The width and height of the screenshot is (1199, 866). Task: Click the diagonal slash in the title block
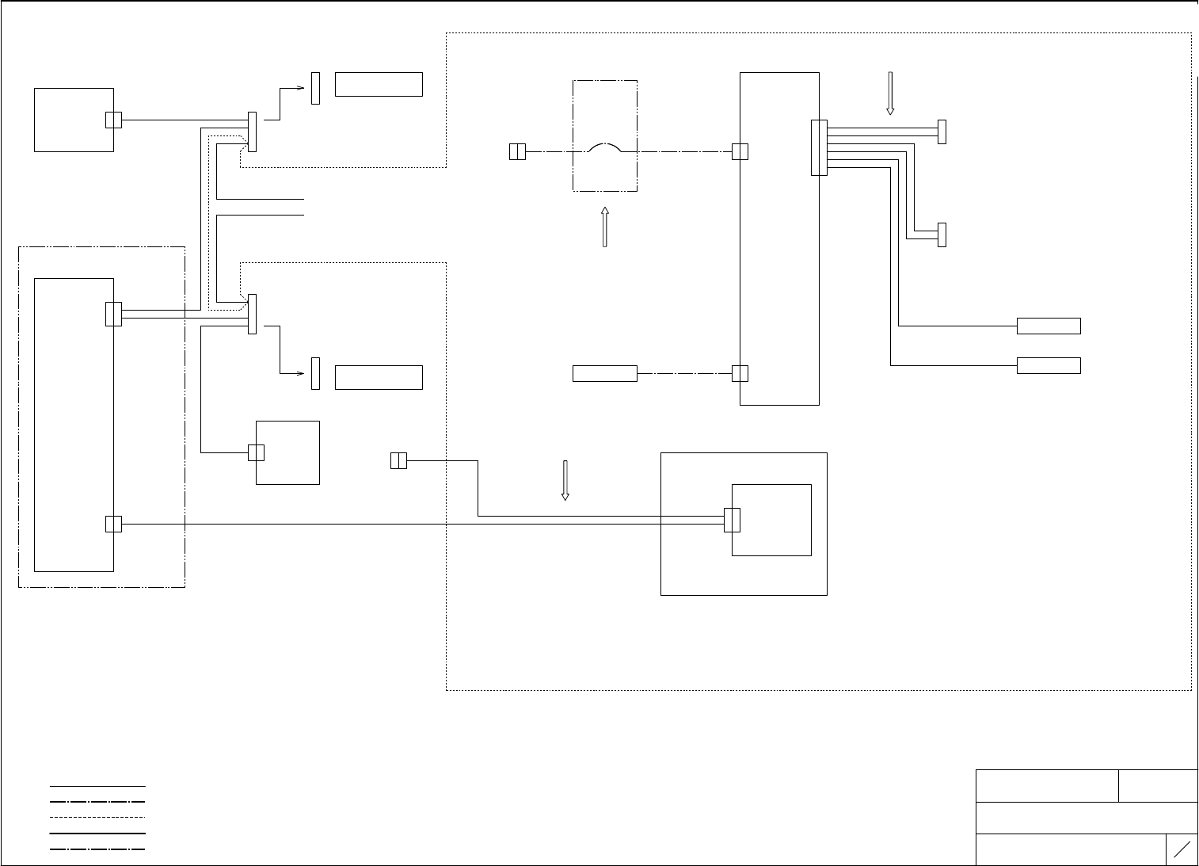point(1182,849)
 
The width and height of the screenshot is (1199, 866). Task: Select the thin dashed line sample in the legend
point(97,817)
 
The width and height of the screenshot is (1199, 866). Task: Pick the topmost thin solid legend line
point(97,786)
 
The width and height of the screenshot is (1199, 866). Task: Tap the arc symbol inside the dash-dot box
point(604,147)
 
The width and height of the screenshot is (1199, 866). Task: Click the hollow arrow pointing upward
point(604,227)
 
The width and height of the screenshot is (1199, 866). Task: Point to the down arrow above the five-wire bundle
point(889,93)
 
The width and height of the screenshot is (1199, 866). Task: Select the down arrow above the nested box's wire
point(565,480)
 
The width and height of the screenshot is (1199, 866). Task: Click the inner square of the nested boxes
point(771,520)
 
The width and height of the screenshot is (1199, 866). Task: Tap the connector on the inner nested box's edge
point(732,520)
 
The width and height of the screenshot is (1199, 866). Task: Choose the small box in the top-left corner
point(74,120)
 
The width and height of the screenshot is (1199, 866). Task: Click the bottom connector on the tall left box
point(113,524)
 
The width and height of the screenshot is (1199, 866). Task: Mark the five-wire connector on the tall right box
point(819,147)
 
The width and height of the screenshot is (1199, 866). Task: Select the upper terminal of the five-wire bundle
point(942,132)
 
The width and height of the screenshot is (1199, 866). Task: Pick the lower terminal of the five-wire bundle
point(942,235)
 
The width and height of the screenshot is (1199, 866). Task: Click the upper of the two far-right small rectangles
point(1049,326)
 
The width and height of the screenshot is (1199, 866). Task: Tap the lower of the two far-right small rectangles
point(1049,365)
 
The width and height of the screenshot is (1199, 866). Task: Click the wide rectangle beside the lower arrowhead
point(379,377)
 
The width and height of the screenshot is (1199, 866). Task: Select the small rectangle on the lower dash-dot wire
point(604,373)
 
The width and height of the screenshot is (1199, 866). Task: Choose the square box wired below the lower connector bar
point(287,452)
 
